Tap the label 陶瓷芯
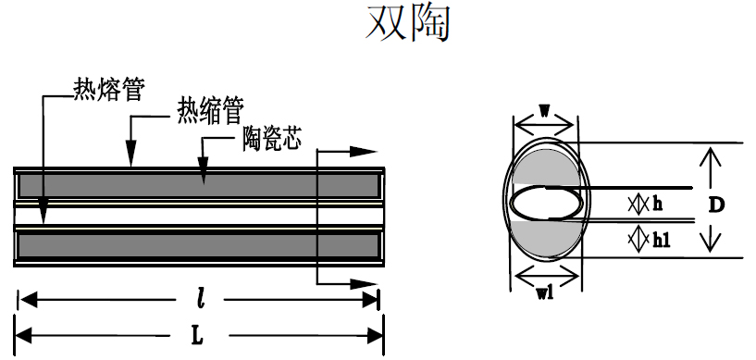273,141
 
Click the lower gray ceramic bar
199,246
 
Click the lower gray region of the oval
546,239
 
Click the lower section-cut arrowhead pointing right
366,284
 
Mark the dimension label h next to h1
657,203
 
